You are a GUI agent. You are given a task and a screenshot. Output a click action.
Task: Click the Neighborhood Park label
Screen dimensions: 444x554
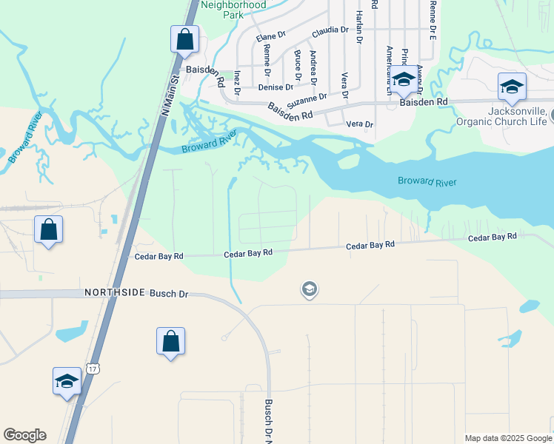(233, 9)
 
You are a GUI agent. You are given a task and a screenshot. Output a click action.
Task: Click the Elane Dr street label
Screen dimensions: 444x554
(270, 36)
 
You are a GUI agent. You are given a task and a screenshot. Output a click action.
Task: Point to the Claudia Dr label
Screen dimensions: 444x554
(330, 30)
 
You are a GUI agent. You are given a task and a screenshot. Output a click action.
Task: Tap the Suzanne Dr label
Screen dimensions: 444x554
(308, 98)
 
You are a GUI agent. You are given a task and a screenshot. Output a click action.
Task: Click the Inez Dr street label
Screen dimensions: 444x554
(237, 83)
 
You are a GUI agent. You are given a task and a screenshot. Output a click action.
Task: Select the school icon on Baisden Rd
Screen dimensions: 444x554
(404, 81)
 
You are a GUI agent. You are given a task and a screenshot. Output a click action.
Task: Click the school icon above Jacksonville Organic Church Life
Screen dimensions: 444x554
(512, 87)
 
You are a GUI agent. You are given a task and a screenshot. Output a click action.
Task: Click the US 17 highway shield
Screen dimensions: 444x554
(92, 367)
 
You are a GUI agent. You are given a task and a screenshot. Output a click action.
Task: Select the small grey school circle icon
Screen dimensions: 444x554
(310, 289)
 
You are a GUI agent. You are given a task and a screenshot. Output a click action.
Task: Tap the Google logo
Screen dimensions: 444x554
(24, 435)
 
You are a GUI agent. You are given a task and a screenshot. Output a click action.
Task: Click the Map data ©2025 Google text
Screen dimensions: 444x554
(507, 438)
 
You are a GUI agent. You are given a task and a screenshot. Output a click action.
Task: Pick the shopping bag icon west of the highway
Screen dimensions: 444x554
(49, 229)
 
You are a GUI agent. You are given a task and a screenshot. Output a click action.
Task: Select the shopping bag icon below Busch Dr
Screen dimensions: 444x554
(170, 341)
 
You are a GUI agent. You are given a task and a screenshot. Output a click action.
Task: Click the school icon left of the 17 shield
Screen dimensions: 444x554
(67, 381)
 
